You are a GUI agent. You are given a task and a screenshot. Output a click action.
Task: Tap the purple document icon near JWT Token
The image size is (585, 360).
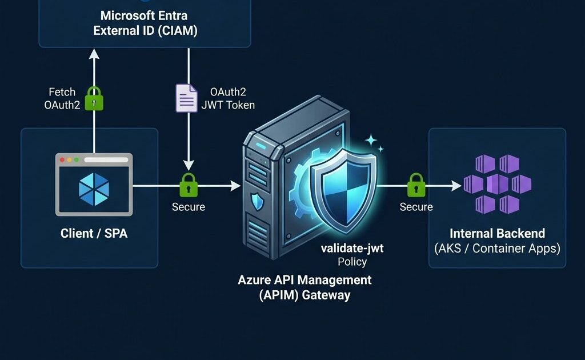186,98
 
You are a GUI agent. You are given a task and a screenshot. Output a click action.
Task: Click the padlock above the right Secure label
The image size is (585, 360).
416,185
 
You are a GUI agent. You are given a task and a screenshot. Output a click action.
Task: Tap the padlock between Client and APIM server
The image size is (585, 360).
189,185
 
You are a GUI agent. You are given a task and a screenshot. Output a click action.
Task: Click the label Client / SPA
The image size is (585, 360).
94,233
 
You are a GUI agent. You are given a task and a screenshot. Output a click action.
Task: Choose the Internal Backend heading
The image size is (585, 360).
497,233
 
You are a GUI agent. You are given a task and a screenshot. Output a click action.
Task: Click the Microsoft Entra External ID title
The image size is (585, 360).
145,23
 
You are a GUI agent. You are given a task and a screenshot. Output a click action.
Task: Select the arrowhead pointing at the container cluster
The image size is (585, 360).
456,185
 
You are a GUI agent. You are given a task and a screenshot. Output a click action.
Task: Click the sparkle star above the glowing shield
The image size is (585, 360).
371,139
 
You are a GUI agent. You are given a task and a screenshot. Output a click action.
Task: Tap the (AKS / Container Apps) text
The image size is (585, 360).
497,249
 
